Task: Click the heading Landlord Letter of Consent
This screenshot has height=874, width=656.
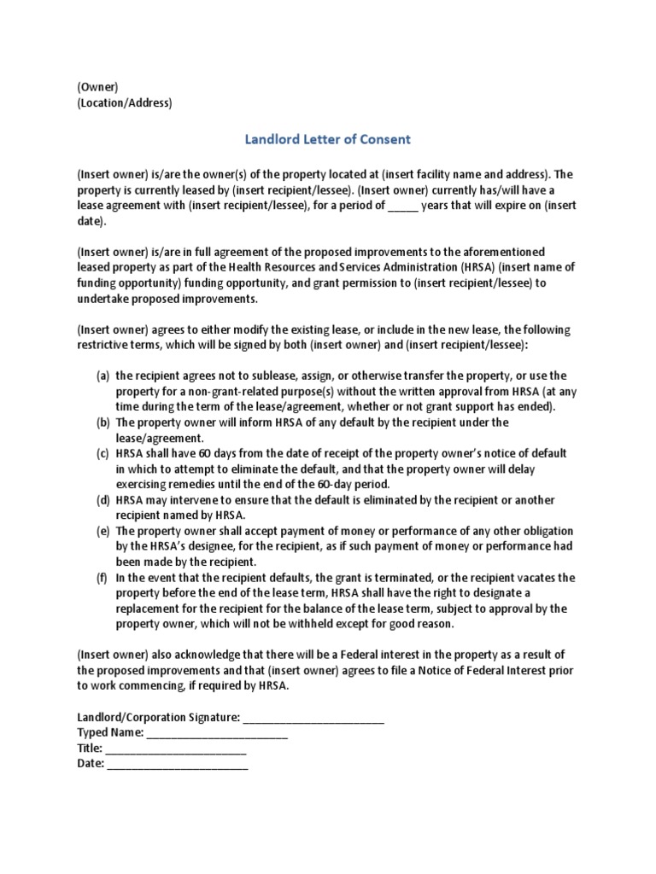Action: pos(328,138)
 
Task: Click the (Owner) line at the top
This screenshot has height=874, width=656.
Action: pos(97,87)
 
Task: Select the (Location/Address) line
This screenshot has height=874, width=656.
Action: pos(124,103)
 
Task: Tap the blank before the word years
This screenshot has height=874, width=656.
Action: pos(403,206)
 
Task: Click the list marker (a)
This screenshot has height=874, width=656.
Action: pos(102,376)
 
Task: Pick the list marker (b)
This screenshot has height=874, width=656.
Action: pos(102,422)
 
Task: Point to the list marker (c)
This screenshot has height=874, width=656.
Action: pos(102,453)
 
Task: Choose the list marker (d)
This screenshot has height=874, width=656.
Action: pos(102,499)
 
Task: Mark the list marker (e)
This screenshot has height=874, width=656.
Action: pos(102,531)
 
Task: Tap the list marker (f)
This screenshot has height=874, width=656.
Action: pos(102,577)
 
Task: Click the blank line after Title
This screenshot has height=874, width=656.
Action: pos(176,749)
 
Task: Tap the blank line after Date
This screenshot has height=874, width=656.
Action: pos(177,765)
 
